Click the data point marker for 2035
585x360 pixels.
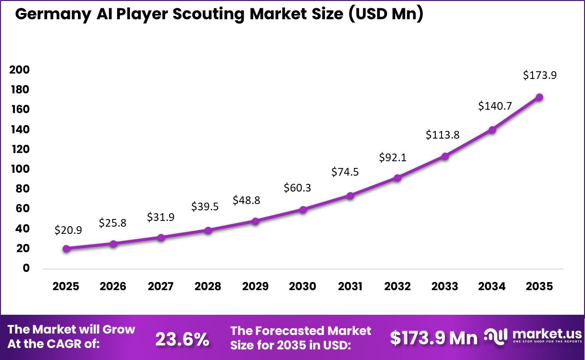pyautogui.click(x=539, y=97)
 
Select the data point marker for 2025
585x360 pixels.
pyautogui.click(x=66, y=248)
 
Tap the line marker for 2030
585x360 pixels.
pyautogui.click(x=303, y=209)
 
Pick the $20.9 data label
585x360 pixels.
pyautogui.click(x=68, y=230)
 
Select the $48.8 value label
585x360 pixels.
pyautogui.click(x=246, y=200)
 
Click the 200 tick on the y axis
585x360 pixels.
pyautogui.click(x=19, y=70)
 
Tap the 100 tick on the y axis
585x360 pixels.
pyautogui.click(x=19, y=169)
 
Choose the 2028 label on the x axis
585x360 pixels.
pyautogui.click(x=208, y=287)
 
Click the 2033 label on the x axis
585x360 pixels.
pyautogui.click(x=444, y=287)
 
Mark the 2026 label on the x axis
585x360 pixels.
pyautogui.click(x=113, y=287)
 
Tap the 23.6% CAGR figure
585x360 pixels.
pyautogui.click(x=182, y=339)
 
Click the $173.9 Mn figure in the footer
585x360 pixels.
pyautogui.click(x=434, y=338)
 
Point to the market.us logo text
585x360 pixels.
pyautogui.click(x=546, y=334)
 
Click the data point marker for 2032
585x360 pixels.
pyautogui.click(x=397, y=178)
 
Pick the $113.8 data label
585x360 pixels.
pyautogui.click(x=442, y=135)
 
